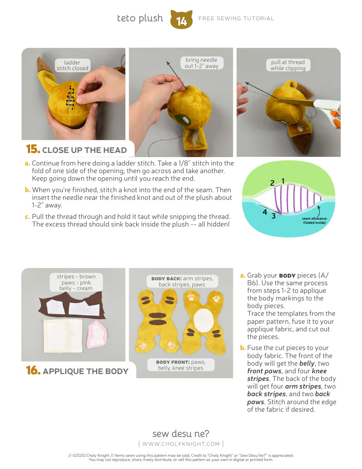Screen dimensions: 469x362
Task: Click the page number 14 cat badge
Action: click(181, 20)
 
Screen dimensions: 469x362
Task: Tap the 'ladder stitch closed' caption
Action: click(72, 65)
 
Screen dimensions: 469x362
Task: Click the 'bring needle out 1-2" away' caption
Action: click(201, 63)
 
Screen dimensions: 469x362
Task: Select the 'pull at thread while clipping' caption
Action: click(288, 65)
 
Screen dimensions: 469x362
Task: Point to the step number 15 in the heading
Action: click(33, 149)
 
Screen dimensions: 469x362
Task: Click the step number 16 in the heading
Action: click(33, 371)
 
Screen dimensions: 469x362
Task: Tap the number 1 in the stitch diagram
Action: click(283, 181)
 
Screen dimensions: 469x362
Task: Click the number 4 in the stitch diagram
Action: click(264, 212)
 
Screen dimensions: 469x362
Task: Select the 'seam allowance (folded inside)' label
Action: click(314, 220)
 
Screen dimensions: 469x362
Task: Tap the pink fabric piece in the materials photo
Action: click(97, 334)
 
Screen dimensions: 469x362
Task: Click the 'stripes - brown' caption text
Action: click(76, 276)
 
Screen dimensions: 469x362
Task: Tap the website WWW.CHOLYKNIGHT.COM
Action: click(181, 443)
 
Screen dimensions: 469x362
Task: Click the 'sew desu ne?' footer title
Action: click(181, 434)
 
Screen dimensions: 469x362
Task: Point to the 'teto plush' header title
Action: click(140, 18)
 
